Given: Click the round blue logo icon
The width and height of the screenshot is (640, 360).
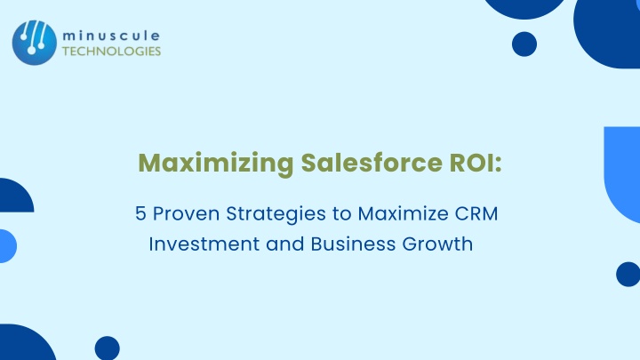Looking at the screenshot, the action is point(35,43).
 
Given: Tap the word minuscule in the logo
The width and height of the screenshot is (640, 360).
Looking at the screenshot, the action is point(111,36).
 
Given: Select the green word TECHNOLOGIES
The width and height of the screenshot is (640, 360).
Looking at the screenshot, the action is point(111,52).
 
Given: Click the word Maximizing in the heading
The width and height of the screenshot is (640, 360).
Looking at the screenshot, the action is point(216,164).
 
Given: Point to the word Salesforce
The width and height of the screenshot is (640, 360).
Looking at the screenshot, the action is point(372,163).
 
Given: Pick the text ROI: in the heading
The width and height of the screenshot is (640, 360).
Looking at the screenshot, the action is point(476,163).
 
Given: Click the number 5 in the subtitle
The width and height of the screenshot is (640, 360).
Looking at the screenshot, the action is point(140,213).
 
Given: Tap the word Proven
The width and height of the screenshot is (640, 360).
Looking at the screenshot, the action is point(186,213).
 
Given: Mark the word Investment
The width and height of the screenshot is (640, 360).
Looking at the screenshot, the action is point(204,244).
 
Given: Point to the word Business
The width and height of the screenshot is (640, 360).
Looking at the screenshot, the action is point(353,244).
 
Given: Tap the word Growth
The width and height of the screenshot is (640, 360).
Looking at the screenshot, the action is point(437,244).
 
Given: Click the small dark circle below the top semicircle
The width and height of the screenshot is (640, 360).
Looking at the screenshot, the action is point(524,44).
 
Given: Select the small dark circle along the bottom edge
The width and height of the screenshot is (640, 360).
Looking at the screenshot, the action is point(108,348).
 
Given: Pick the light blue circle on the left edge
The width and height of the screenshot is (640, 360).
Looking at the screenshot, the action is point(7,246).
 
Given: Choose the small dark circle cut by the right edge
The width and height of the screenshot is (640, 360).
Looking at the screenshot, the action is point(628,275).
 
